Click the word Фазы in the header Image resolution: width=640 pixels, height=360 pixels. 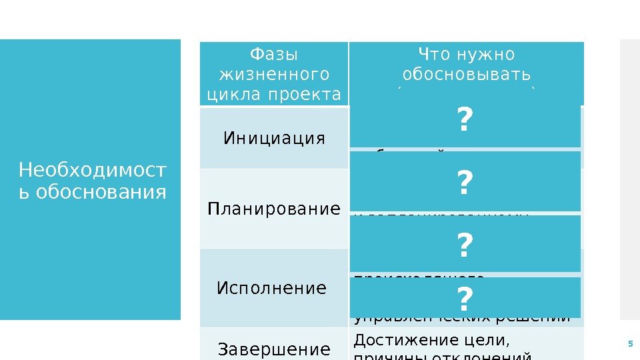pos(273,53)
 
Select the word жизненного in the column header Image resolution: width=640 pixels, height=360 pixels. pos(273,73)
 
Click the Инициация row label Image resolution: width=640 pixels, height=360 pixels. pos(275,138)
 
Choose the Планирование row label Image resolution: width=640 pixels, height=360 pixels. pos(274,209)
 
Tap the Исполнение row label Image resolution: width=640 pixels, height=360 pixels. pos(272,288)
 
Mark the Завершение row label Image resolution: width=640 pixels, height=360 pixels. pos(275,349)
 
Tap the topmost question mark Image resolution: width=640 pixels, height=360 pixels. pos(465,122)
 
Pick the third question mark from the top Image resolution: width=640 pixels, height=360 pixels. pos(465,246)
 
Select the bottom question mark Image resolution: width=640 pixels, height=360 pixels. pos(465,297)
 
